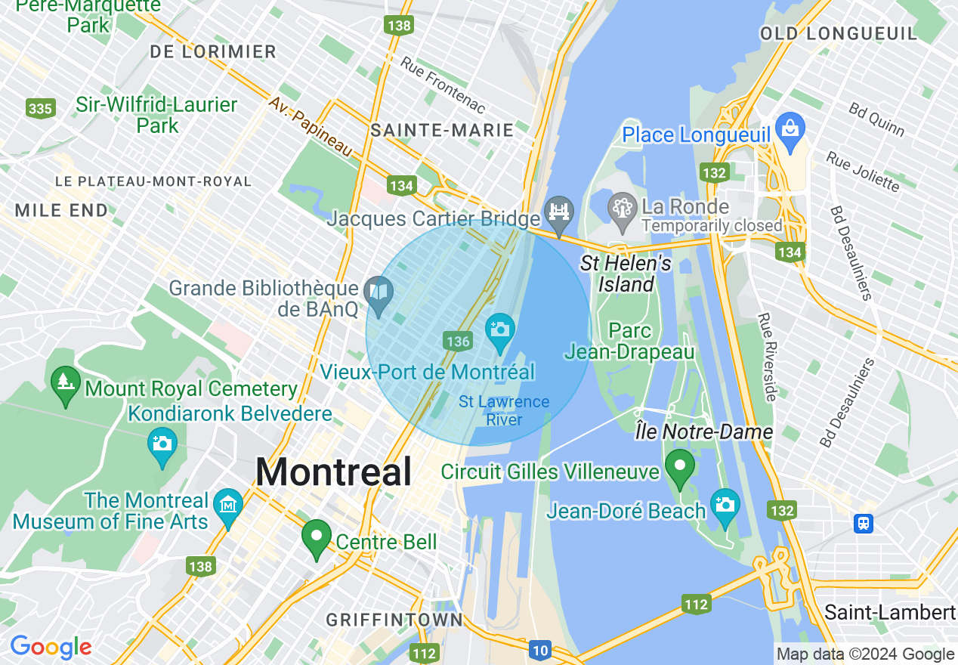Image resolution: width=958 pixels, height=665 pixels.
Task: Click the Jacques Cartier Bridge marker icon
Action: point(559,212)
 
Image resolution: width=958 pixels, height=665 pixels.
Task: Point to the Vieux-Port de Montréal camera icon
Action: point(499,329)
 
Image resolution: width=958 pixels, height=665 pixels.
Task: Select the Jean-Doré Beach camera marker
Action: point(725,504)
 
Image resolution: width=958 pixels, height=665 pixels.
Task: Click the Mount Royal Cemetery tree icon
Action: point(66,382)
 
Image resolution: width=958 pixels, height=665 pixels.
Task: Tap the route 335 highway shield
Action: point(40,109)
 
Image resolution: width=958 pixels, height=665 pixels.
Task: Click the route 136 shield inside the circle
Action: point(458,342)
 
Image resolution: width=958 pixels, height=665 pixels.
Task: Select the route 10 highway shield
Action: point(539,650)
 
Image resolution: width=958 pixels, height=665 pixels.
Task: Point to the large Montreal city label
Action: point(333,472)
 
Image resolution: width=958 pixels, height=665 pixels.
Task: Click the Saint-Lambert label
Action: point(890,612)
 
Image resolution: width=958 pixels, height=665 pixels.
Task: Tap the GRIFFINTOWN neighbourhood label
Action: point(394,620)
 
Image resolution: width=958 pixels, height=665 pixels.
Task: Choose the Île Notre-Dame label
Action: point(703,432)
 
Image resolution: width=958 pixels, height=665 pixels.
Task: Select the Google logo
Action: point(51,648)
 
